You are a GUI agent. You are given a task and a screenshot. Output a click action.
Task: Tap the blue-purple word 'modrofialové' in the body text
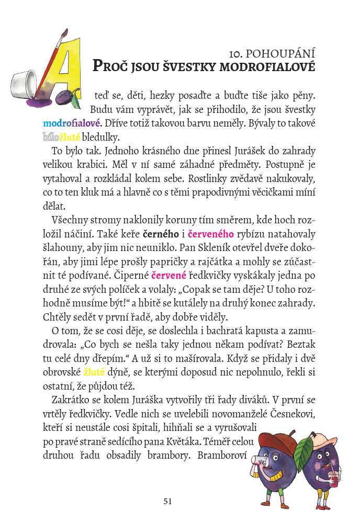pyautogui.click(x=72, y=124)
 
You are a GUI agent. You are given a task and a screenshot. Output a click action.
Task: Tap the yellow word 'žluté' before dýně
pyautogui.click(x=94, y=372)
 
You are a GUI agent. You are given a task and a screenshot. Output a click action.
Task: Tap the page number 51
pyautogui.click(x=167, y=501)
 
